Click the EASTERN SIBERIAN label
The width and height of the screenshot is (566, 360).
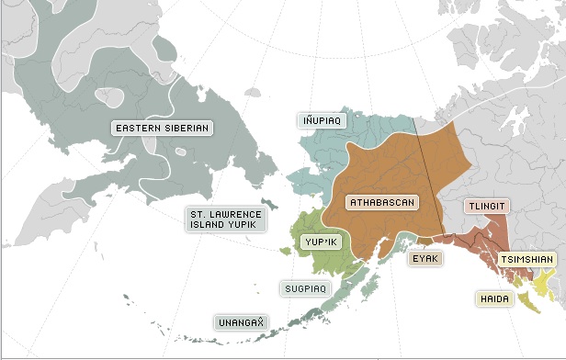click(x=162, y=127)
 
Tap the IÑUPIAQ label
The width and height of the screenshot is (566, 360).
click(x=323, y=119)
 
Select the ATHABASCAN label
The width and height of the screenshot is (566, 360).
click(x=383, y=201)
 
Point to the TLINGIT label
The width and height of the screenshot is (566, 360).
click(x=487, y=206)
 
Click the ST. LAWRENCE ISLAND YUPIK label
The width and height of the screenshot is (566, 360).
click(x=226, y=219)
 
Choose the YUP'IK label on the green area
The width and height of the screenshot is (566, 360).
click(x=322, y=242)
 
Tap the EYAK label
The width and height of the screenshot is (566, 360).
click(x=425, y=258)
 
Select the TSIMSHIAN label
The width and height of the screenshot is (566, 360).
click(x=527, y=260)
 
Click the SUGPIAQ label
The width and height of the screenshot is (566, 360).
click(x=305, y=288)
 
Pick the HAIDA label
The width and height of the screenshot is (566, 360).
click(x=493, y=298)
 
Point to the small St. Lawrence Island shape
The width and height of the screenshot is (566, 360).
click(x=268, y=201)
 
